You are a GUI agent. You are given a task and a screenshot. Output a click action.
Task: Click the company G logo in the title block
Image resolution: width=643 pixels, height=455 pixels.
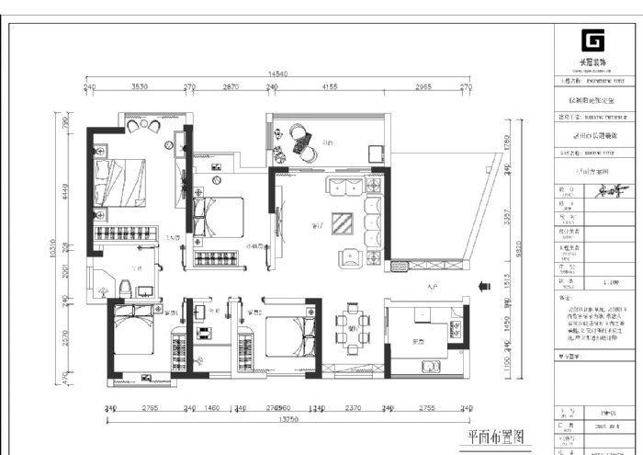592,42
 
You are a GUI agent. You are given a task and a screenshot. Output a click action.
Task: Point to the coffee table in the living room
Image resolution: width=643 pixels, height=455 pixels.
343,223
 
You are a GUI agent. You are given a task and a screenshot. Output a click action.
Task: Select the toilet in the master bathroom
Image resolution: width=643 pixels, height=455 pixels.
123,288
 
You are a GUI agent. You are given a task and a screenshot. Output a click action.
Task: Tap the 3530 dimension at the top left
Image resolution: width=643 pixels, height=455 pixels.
140,86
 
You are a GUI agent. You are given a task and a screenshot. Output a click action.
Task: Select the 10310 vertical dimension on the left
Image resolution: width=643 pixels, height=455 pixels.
56,248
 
